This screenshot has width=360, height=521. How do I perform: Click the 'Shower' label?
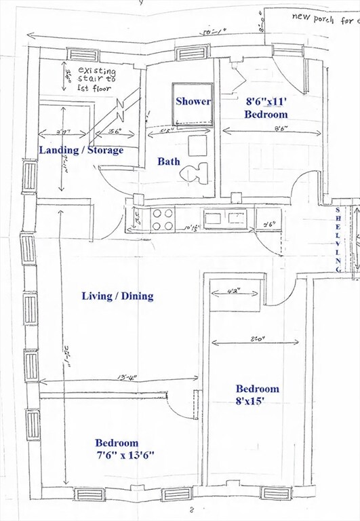point(193,101)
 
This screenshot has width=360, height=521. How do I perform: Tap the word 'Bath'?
point(169,161)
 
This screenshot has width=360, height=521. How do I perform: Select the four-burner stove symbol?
point(163,219)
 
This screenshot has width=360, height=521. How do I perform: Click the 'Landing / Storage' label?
point(81,150)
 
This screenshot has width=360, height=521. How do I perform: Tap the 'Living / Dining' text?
point(117,296)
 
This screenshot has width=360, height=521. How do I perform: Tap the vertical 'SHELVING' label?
point(339,239)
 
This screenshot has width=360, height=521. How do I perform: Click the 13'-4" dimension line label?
point(115,378)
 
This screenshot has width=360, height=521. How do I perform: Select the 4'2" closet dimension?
point(224,293)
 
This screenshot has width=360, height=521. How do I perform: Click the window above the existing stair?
point(83,54)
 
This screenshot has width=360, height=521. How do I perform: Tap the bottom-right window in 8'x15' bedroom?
point(276,493)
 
